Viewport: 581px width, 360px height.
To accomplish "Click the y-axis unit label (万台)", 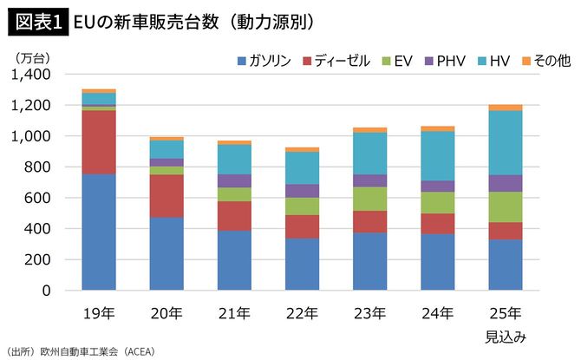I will point(34,57).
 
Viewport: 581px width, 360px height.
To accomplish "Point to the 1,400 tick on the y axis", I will point(31,75).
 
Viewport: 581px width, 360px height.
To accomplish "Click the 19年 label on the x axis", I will point(98,312).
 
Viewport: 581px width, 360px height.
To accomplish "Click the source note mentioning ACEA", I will point(78,351).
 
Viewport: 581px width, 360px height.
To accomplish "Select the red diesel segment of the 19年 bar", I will point(99,142).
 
